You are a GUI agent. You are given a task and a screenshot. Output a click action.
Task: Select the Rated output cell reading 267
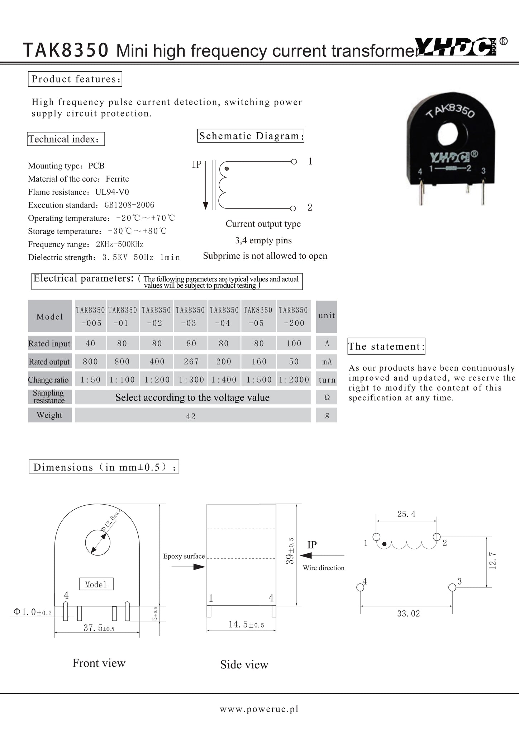(191, 362)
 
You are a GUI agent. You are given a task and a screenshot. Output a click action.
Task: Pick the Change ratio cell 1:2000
(294, 380)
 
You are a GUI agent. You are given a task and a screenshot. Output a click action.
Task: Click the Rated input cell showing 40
(90, 343)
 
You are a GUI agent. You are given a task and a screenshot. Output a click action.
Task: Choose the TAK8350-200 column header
(294, 316)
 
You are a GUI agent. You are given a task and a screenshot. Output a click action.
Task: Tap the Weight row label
(49, 415)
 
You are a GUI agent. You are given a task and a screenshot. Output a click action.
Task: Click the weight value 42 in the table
(191, 416)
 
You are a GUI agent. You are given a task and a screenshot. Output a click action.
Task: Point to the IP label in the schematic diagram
(197, 165)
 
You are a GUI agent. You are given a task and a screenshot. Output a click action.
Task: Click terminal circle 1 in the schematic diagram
(294, 162)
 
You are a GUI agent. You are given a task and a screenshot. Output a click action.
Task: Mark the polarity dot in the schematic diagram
(227, 168)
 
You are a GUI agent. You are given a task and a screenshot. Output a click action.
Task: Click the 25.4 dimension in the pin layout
(406, 514)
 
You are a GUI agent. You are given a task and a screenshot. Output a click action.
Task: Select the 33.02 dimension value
(408, 614)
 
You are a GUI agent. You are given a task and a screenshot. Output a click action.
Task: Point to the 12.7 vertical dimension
(493, 561)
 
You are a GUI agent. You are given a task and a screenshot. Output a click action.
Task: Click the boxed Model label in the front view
(96, 585)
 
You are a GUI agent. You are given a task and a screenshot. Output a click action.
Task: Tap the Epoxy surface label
(184, 556)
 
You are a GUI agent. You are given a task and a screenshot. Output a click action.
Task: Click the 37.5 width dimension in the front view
(99, 628)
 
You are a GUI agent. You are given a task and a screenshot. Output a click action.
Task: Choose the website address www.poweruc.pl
(259, 709)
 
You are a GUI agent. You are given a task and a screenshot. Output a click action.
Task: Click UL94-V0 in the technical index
(112, 192)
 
